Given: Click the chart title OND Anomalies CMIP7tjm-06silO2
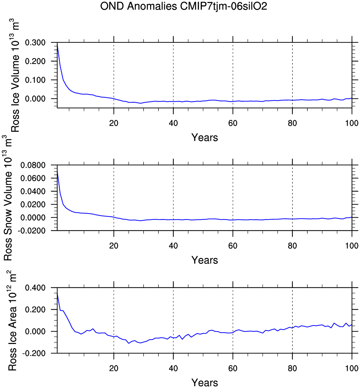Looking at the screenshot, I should coord(183,6).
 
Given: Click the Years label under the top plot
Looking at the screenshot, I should coord(204,137).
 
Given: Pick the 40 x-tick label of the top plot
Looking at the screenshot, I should coord(173,123).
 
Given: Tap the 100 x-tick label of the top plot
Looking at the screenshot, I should coord(352,123).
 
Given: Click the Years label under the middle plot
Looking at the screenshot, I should coord(204,260).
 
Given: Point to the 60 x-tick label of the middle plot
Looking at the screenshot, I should coord(233,246).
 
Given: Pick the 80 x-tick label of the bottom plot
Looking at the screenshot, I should coord(292,368).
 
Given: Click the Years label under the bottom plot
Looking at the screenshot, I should coord(204,383).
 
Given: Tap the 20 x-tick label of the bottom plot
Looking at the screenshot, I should coord(114,368).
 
